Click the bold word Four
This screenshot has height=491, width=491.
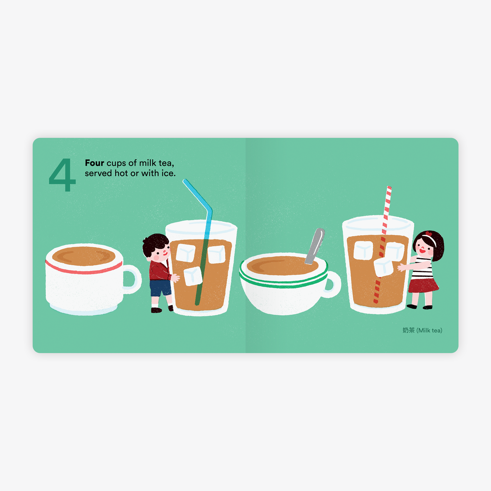tap(94, 163)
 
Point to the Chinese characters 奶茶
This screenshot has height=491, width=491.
tap(409, 330)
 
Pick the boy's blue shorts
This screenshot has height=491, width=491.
tap(160, 288)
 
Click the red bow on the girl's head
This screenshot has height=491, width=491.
tap(429, 234)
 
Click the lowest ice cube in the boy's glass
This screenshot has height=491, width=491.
tap(193, 276)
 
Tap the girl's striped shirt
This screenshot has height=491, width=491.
tap(422, 268)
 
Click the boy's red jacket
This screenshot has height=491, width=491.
tap(160, 270)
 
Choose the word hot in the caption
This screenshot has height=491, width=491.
tap(121, 173)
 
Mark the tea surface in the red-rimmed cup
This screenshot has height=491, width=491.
tap(84, 256)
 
